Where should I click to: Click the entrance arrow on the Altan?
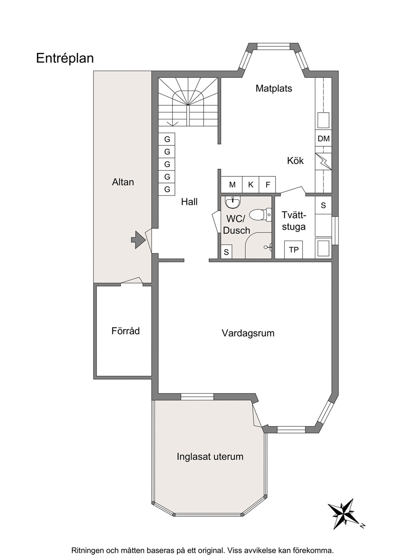[x=139, y=240]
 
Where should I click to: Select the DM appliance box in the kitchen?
[x=323, y=138]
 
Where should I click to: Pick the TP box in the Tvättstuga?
[x=293, y=249]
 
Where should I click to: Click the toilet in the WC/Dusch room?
[x=261, y=215]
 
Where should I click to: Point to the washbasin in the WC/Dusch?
[x=232, y=202]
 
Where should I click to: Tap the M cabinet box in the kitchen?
[x=232, y=185]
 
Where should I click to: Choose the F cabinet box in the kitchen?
[x=267, y=185]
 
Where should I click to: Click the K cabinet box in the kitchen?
[x=251, y=185]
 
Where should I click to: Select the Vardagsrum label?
[x=248, y=333]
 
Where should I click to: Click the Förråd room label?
[x=125, y=331]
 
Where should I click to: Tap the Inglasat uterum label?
[x=210, y=457]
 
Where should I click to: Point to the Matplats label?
[x=274, y=88]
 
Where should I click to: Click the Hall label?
[x=189, y=202]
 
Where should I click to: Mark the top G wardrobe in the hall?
[x=167, y=139]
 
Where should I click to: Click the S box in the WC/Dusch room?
[x=226, y=252]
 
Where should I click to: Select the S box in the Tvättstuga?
[x=323, y=205]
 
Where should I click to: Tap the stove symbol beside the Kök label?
[x=323, y=162]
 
